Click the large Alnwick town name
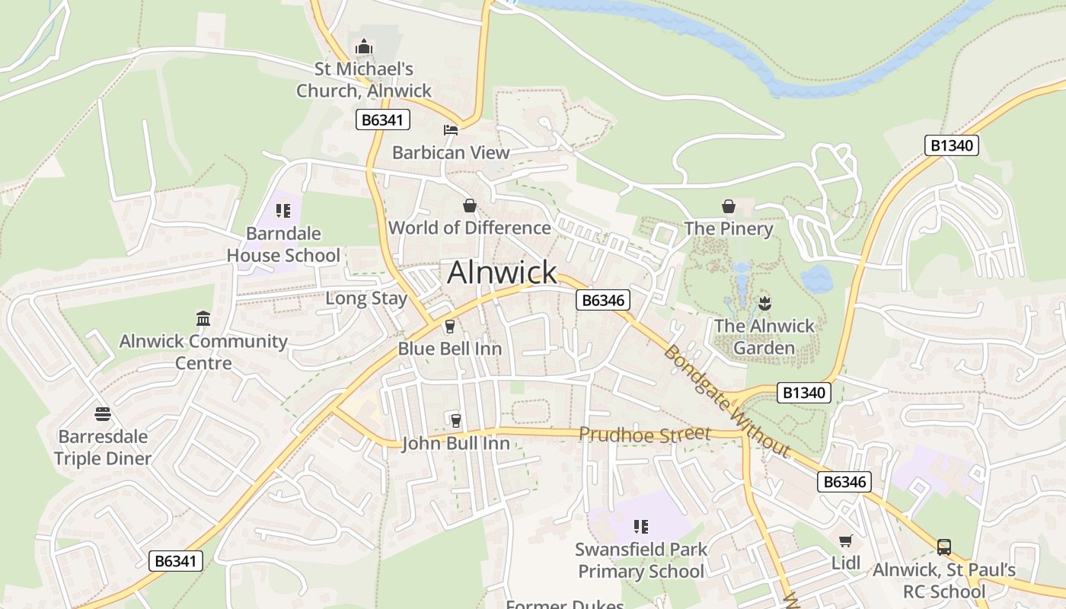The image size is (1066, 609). (502, 273)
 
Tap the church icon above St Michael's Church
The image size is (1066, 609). (364, 47)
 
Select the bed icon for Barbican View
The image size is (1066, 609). (451, 130)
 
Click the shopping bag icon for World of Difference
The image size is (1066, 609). (470, 206)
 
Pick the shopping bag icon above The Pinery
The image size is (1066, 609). (729, 206)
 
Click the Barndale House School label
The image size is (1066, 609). (283, 244)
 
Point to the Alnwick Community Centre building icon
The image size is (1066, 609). (203, 318)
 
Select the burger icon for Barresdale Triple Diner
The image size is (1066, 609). (104, 414)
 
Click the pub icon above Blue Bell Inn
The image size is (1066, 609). (450, 327)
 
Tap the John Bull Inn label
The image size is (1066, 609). (455, 443)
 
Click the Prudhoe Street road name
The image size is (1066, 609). (644, 434)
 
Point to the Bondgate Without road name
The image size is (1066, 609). (725, 402)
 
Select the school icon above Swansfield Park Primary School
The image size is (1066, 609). (641, 526)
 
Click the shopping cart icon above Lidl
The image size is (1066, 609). (845, 541)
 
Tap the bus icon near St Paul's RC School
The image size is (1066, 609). (944, 547)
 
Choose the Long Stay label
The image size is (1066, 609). (366, 298)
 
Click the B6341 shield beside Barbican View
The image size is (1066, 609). (383, 120)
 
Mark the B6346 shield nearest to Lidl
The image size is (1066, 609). (844, 482)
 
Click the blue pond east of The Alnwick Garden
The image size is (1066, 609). (816, 279)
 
